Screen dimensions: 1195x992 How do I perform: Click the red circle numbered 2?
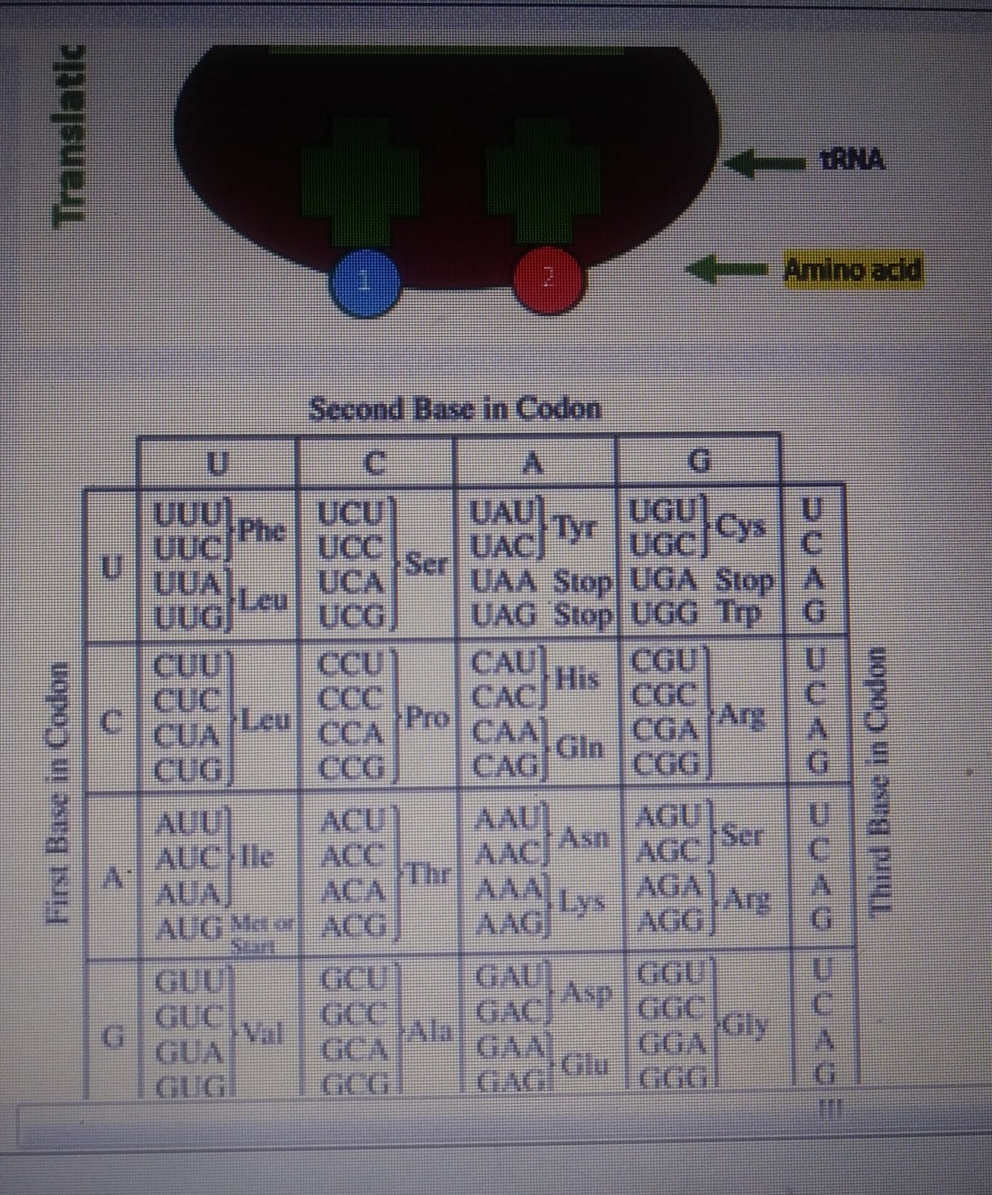pos(548,279)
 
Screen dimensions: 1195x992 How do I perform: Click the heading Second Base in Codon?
pos(456,409)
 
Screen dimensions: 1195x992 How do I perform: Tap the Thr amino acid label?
pos(427,873)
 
